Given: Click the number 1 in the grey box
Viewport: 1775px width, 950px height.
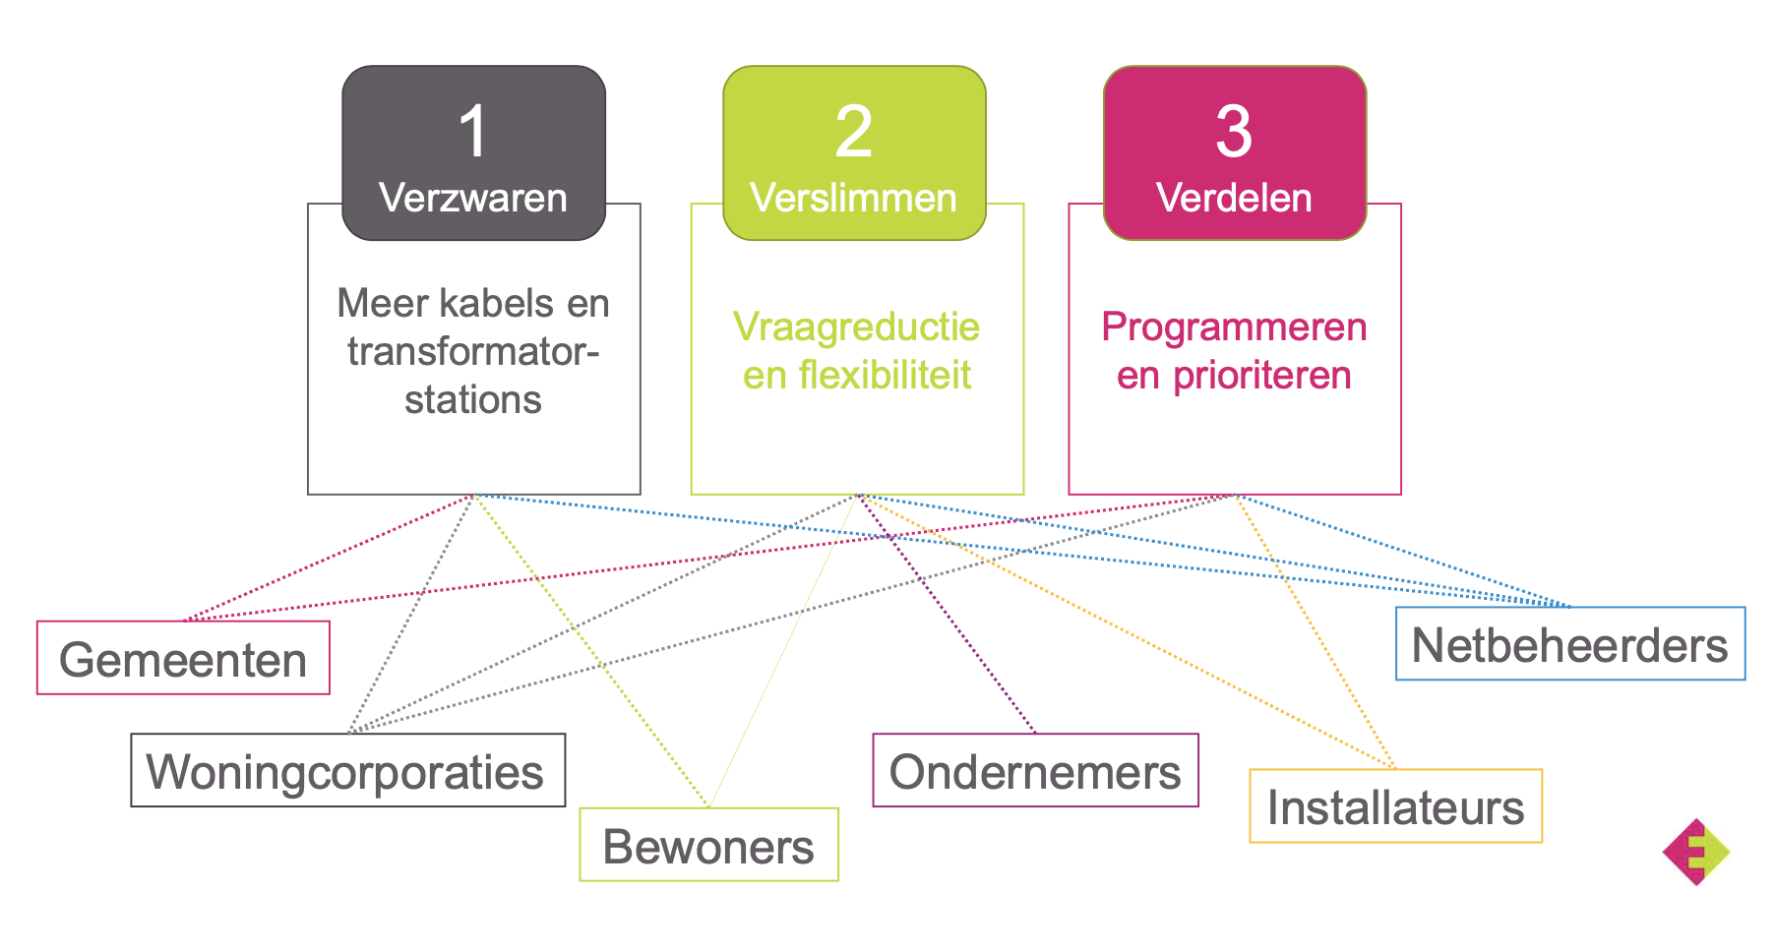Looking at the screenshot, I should [x=473, y=132].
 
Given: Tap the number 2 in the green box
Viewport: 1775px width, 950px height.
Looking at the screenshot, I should [x=853, y=132].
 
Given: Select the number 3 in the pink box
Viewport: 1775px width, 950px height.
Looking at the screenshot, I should [x=1234, y=132].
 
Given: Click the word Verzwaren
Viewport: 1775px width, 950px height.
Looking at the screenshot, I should [x=473, y=198].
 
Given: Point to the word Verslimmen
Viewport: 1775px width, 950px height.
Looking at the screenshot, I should [x=853, y=198].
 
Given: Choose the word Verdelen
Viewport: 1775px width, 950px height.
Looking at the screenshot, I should [x=1234, y=198].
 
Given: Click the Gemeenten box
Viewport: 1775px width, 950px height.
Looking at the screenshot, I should [x=183, y=658].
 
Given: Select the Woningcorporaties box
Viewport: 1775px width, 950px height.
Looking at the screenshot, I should [x=347, y=770].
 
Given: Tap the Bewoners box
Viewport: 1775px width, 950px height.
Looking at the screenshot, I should [x=708, y=845].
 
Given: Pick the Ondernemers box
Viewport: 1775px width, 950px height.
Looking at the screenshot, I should [x=1035, y=770].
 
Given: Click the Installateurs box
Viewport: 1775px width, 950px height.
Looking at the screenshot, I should [x=1395, y=806].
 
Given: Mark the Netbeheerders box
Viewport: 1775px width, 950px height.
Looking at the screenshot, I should [x=1569, y=644].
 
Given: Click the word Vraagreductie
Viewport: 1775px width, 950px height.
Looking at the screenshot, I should [x=856, y=327].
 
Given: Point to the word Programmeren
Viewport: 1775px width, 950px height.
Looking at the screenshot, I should [x=1234, y=327].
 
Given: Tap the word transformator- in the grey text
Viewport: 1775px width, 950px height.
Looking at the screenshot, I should [x=473, y=351].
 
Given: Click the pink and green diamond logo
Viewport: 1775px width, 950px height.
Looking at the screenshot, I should [x=1696, y=852].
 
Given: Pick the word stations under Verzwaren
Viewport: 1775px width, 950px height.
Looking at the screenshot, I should [x=473, y=399].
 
